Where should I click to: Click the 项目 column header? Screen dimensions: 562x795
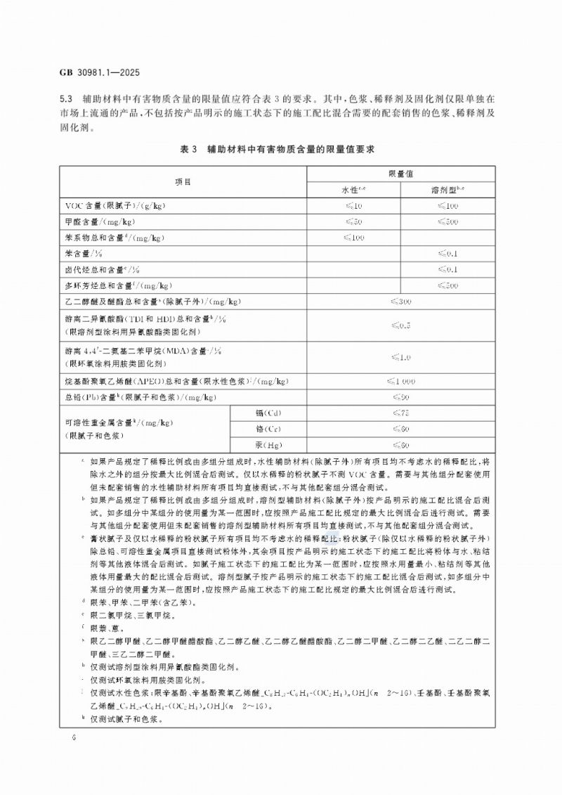[x=183, y=181]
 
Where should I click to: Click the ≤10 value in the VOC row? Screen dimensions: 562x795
[x=353, y=206]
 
